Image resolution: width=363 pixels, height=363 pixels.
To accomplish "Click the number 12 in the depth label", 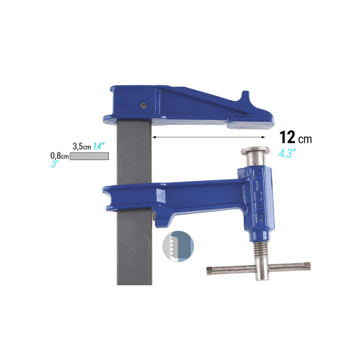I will [x=288, y=137].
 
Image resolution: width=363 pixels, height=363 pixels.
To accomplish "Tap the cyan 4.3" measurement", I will [x=287, y=154].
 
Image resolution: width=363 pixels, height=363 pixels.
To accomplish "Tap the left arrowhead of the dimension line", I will [x=154, y=137].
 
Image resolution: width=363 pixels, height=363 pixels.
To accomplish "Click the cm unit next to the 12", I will [x=305, y=139].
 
